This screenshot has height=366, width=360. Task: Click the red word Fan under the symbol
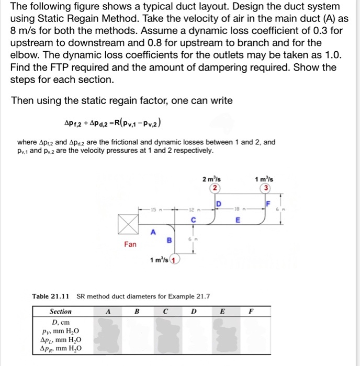(x=130, y=244)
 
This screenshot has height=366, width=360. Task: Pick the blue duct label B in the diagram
(x=169, y=241)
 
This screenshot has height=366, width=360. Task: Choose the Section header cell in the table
(x=61, y=311)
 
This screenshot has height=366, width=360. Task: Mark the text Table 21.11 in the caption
(x=52, y=296)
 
